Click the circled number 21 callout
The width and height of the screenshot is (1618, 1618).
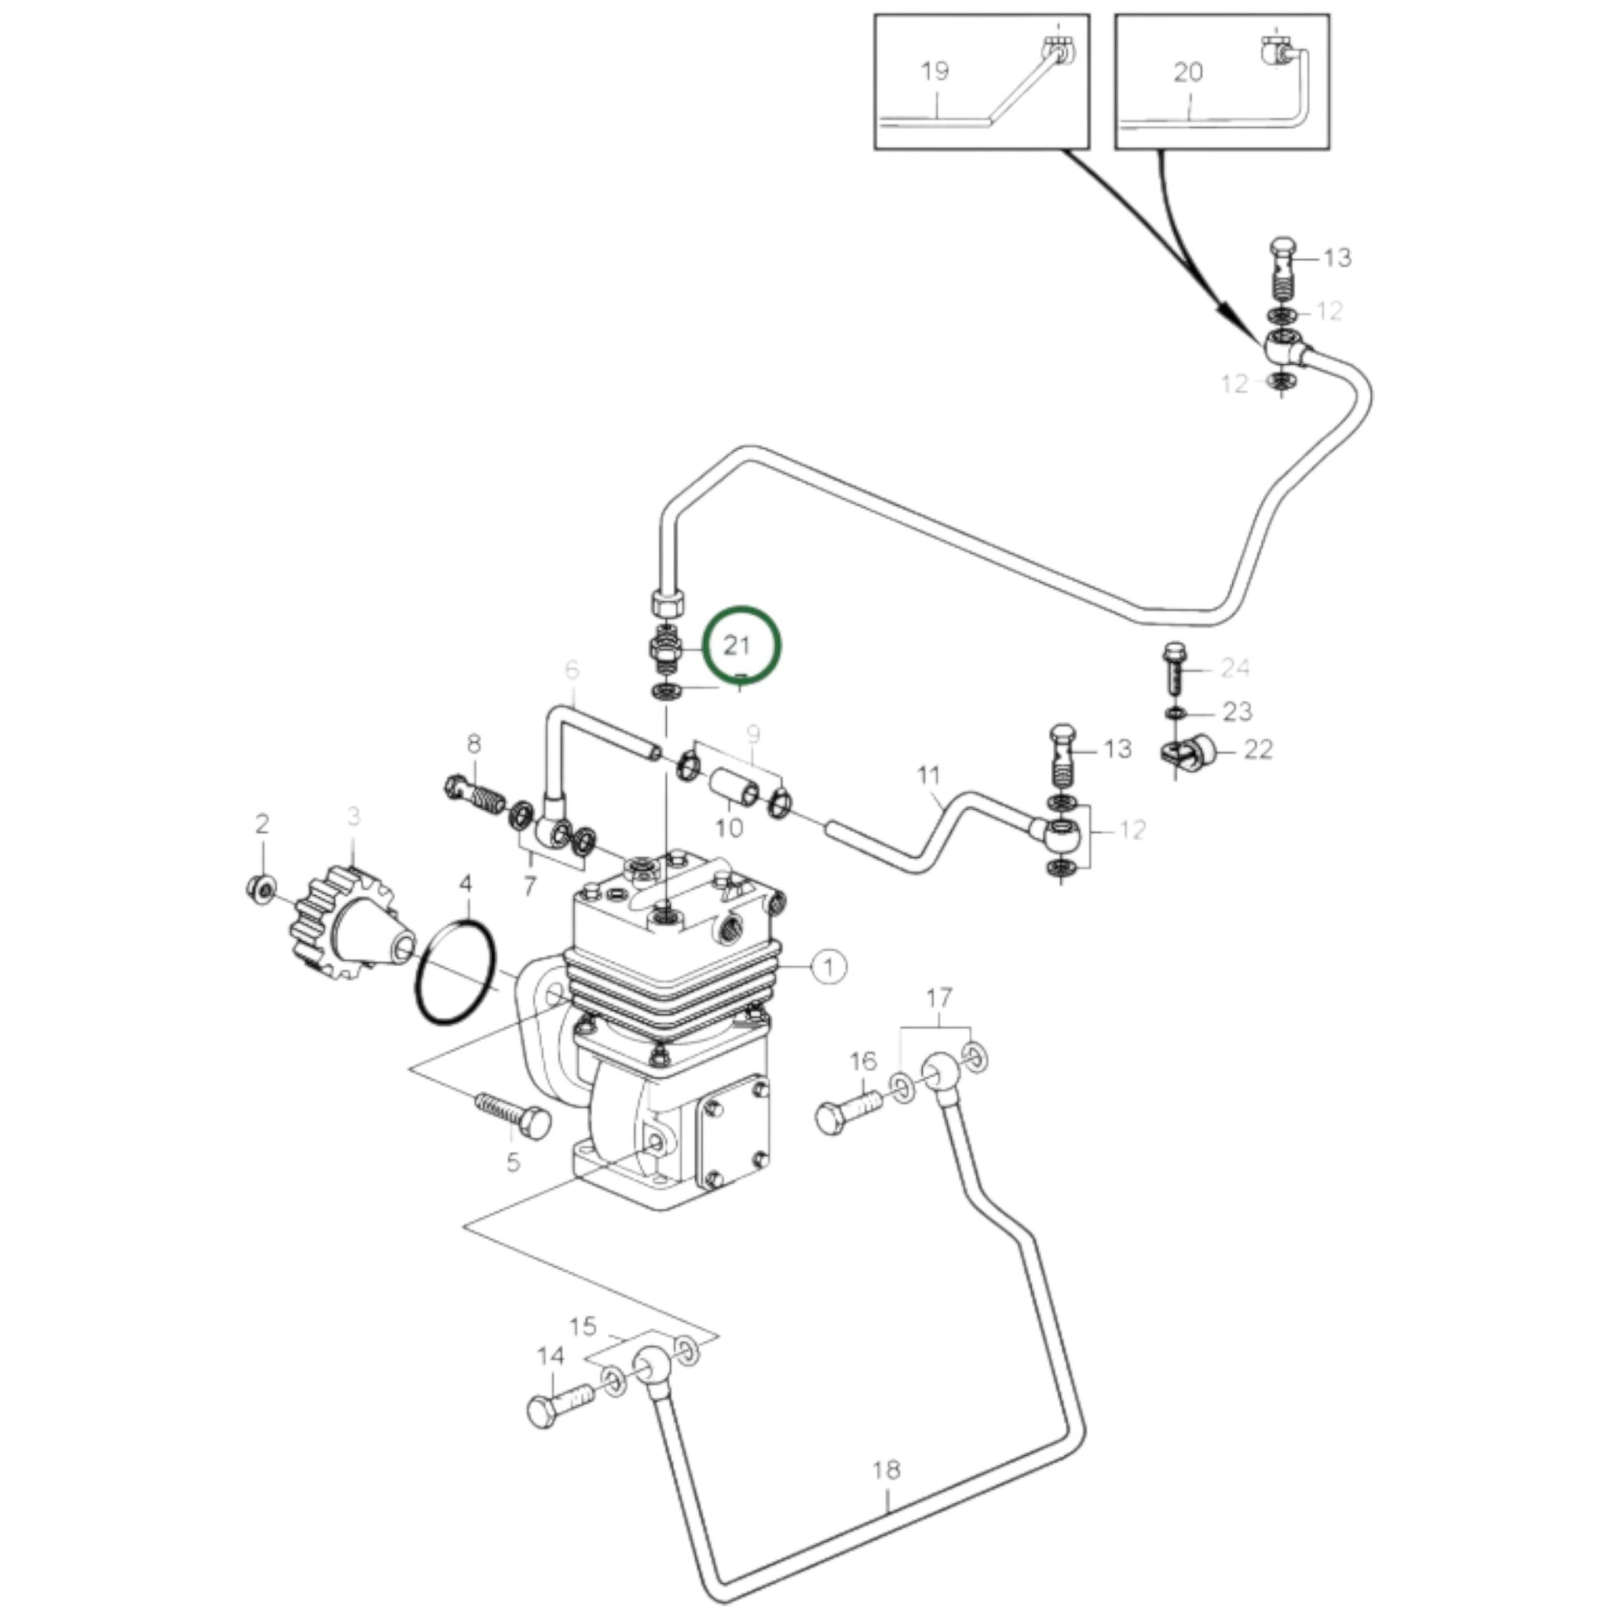coord(740,645)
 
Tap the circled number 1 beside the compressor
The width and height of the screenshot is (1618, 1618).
coord(828,967)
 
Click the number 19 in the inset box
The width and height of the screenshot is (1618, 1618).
coord(935,71)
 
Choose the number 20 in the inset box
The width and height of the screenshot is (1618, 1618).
coord(1187,73)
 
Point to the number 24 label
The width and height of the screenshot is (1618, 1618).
coord(1236,668)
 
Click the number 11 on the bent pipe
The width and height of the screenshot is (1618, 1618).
coord(929,776)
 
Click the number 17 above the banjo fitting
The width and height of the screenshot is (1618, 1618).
coord(939,998)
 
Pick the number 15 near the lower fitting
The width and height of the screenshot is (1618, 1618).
coord(583,1326)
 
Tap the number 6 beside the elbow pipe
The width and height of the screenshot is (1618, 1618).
coord(572,669)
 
